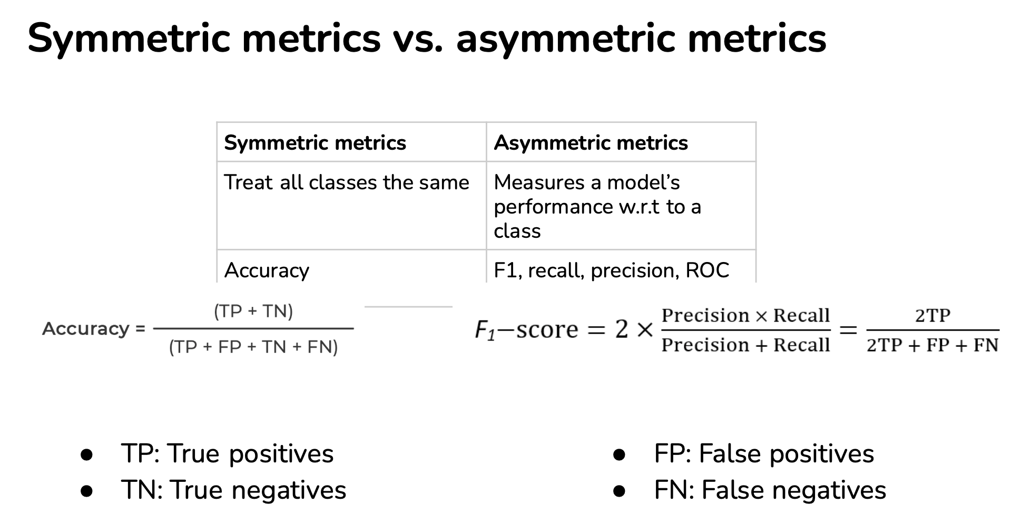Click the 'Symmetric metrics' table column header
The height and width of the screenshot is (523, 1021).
click(315, 143)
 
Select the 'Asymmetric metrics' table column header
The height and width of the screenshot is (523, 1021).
click(591, 143)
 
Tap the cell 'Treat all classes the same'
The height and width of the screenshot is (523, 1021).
click(347, 182)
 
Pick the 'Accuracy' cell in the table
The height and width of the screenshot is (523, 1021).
click(267, 270)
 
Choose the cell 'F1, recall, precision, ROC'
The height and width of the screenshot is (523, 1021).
click(611, 270)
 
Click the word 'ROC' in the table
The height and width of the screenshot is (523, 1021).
click(707, 270)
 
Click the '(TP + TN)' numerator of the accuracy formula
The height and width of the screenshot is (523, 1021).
click(253, 311)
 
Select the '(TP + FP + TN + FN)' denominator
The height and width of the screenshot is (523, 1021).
click(253, 347)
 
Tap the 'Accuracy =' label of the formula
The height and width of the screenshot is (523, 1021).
click(94, 328)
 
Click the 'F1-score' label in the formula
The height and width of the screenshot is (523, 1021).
click(526, 330)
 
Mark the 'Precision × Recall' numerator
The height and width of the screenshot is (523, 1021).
click(745, 315)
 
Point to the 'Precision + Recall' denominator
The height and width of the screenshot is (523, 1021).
click(745, 345)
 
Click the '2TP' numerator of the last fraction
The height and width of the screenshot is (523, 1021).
click(932, 315)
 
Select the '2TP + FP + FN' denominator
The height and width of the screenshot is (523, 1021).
click(932, 345)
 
